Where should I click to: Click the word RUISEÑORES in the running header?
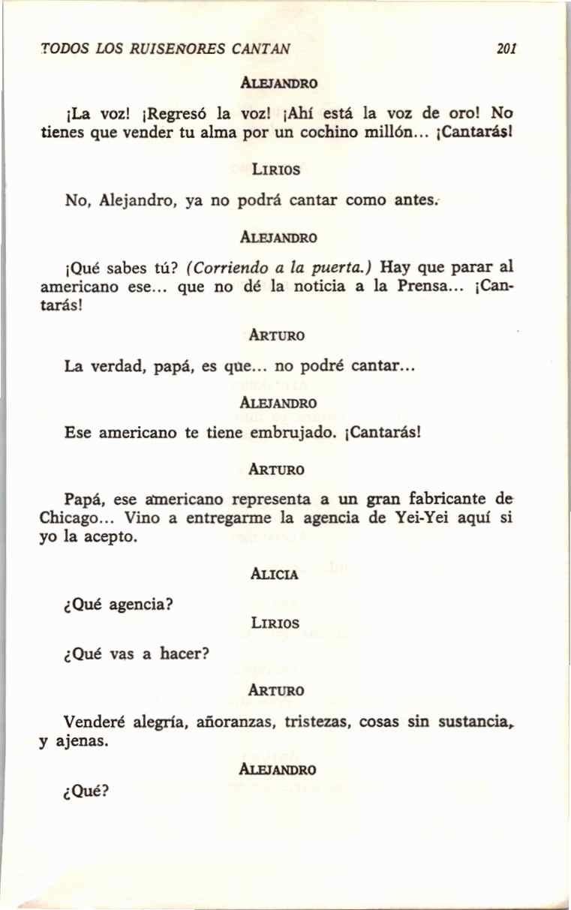172,50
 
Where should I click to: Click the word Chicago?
74,517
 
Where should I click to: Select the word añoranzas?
234,722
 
